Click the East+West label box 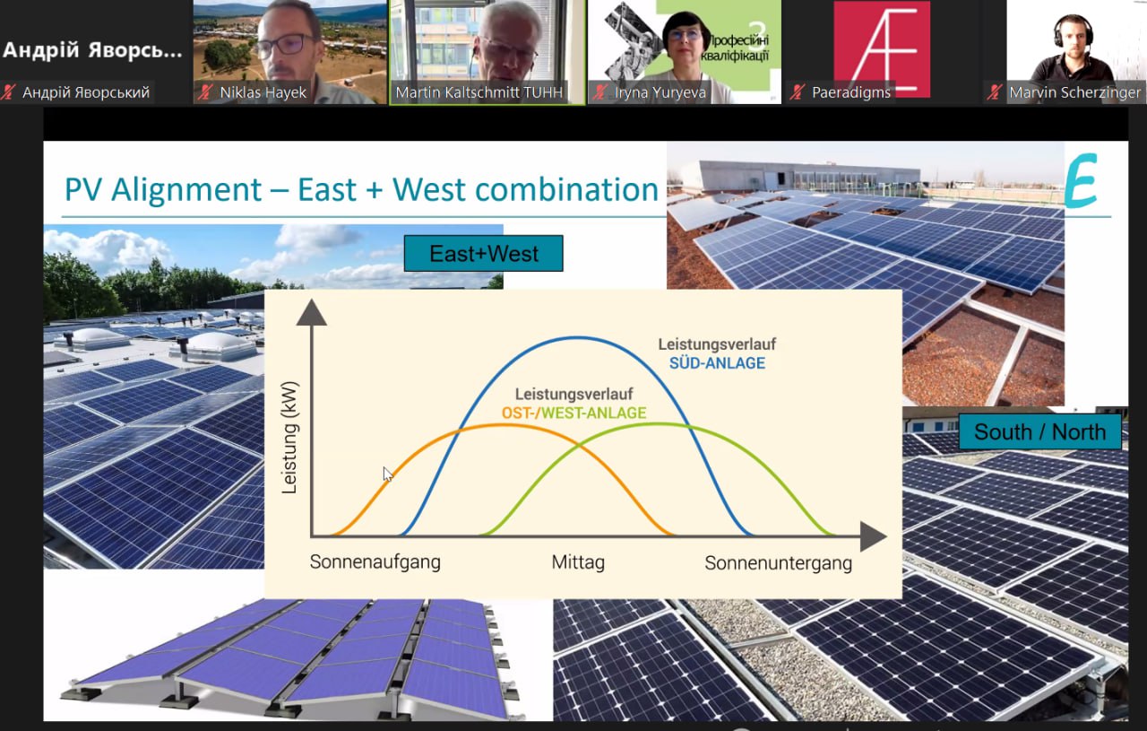pos(483,253)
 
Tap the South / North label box pos(1040,431)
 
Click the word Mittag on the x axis pos(578,562)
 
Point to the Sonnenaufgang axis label pos(375,562)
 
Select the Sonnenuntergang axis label pos(779,563)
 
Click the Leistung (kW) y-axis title pos(289,438)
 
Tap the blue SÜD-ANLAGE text pos(717,363)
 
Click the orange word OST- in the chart pos(518,413)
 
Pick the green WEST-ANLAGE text pos(594,413)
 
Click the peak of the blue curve pos(577,338)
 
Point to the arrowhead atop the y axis pos(311,312)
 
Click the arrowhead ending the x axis pos(873,536)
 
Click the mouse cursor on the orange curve pos(388,474)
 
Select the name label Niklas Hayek pos(263,92)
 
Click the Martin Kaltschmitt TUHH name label pos(479,92)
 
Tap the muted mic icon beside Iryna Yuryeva pos(599,92)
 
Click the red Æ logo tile pos(882,48)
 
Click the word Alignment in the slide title pos(186,189)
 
